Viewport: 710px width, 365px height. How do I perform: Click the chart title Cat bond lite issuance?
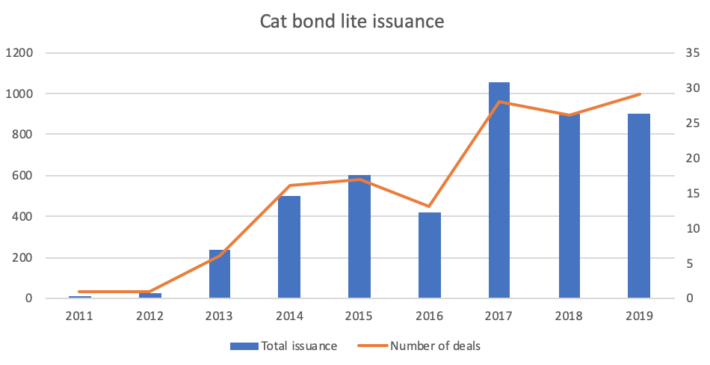(352, 22)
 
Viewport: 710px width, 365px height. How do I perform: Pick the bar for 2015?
(359, 239)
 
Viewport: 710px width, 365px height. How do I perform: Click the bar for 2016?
(429, 256)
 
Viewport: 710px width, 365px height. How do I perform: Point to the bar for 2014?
(289, 247)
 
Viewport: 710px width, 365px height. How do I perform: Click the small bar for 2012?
(149, 295)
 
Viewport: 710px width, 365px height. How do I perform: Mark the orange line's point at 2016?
(429, 206)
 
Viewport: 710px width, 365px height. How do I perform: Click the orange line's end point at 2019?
(640, 94)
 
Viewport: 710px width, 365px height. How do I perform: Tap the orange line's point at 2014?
(289, 185)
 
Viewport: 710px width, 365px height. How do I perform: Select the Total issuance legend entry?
(284, 346)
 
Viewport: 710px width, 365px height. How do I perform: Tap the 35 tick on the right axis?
(691, 53)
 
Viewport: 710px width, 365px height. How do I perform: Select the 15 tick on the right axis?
(691, 193)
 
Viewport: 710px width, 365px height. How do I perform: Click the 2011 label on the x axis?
(79, 316)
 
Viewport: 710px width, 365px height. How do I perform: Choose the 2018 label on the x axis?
(569, 316)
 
